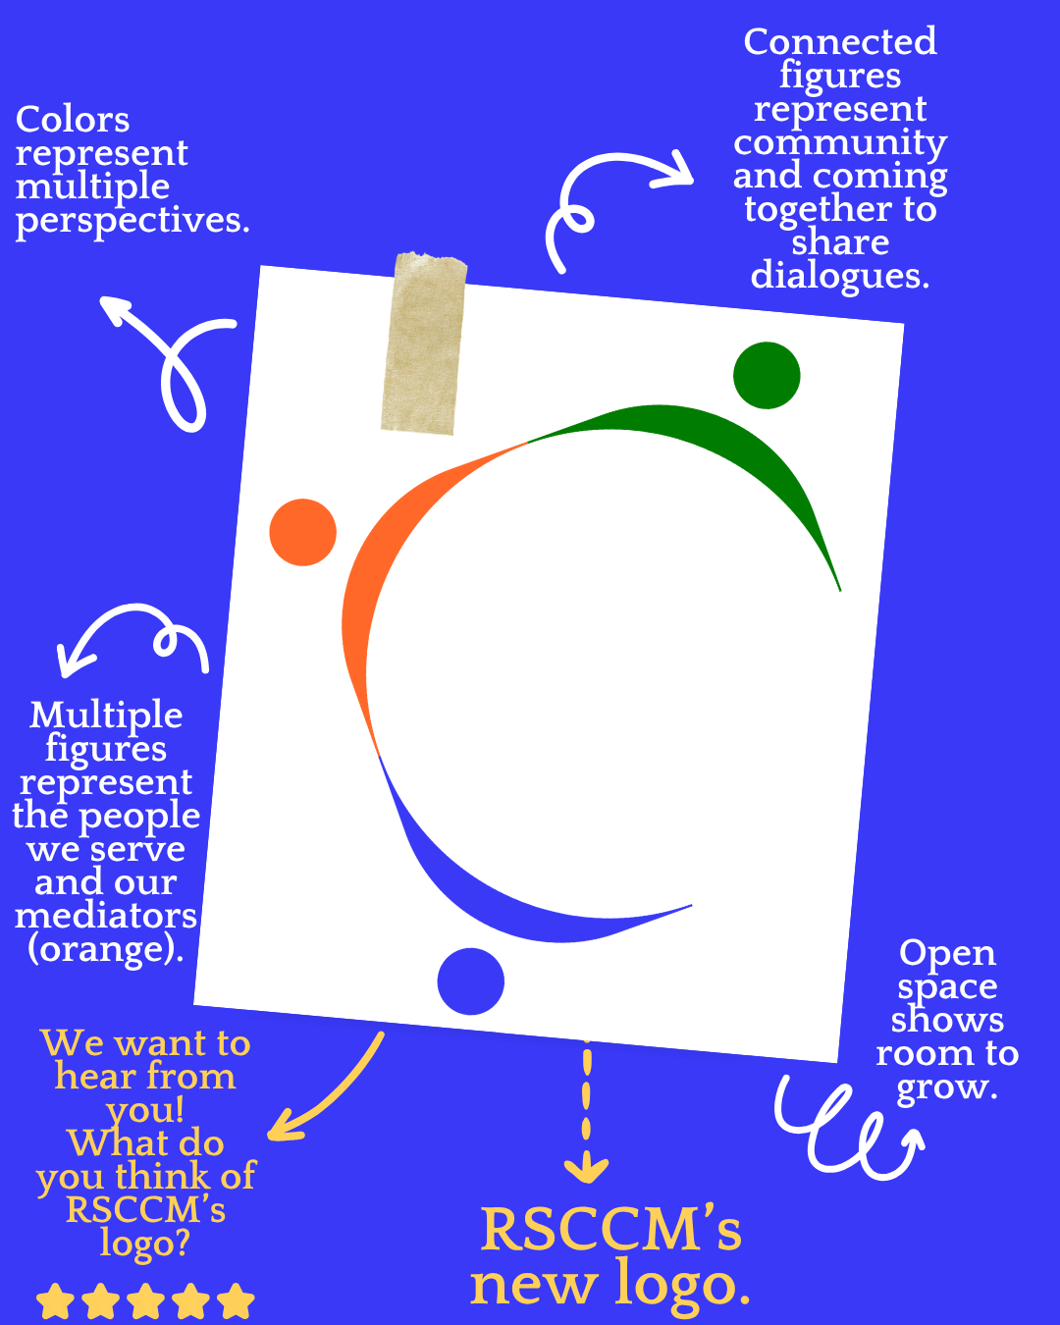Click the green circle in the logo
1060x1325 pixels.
(x=767, y=375)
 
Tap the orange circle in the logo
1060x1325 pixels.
(x=303, y=532)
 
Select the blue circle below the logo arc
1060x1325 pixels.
(x=471, y=980)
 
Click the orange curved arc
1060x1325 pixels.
(x=378, y=569)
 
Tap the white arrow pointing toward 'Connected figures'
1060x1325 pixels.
(x=609, y=196)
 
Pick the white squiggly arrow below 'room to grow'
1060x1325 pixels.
(x=844, y=1129)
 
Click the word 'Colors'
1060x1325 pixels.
(x=73, y=120)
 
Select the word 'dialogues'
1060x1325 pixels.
(x=839, y=276)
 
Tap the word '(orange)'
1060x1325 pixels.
(x=106, y=950)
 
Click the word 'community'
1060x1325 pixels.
(x=840, y=142)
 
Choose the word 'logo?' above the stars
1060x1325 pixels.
(x=145, y=1244)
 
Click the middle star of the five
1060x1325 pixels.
(x=146, y=1302)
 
